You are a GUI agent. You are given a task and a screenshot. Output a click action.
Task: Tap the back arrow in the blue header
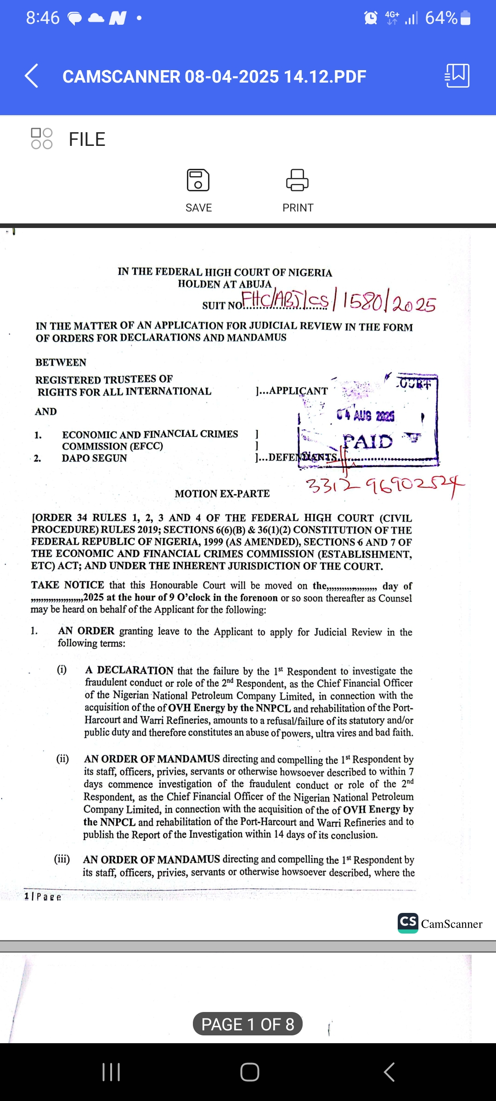31,76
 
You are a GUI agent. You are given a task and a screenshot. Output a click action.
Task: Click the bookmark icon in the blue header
457,76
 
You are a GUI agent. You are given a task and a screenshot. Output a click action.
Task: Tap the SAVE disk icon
198,180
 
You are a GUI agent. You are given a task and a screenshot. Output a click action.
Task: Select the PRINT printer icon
298,180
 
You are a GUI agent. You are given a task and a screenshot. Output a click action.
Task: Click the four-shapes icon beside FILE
41,139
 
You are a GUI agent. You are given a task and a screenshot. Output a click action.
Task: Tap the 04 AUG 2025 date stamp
366,416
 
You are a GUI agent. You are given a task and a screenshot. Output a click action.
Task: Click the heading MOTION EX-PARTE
222,494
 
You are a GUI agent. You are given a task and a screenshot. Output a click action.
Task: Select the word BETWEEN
61,362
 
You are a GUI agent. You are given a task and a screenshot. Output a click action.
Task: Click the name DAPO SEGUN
94,458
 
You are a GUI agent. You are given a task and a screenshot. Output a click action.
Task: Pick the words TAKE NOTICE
68,585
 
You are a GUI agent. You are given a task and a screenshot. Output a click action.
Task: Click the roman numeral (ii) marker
62,758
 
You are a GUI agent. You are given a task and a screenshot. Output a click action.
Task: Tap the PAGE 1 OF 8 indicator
248,1024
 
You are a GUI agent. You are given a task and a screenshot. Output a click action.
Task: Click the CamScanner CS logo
408,923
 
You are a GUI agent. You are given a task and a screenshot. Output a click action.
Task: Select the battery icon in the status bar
465,18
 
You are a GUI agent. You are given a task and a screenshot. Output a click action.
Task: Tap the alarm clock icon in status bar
371,18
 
